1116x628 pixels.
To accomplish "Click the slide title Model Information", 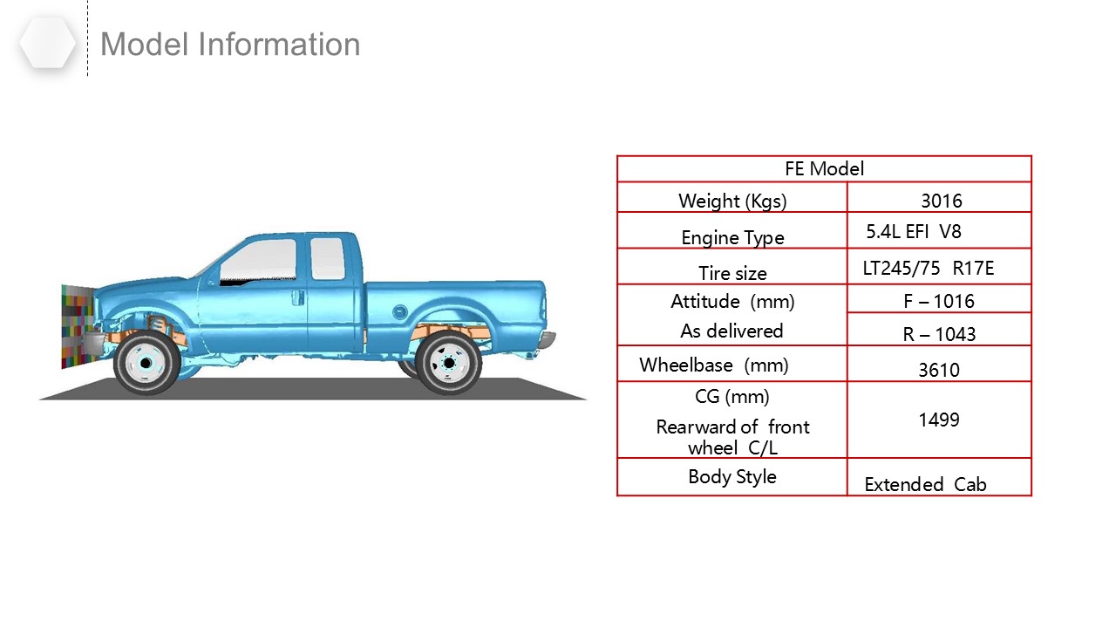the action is point(230,44).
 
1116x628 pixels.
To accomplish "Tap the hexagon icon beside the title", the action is point(48,44).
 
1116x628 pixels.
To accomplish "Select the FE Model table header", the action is point(824,169).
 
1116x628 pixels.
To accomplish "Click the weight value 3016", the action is point(941,201).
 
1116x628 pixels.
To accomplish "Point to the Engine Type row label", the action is point(732,238).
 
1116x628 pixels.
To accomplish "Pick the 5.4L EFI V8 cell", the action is point(913,232).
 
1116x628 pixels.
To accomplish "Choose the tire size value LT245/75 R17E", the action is point(929,268).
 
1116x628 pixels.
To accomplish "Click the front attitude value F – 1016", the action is point(939,301).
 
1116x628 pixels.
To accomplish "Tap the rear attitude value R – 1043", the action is point(939,334).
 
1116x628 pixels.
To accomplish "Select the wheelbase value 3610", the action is point(939,370).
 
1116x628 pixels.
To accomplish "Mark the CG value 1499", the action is point(939,420).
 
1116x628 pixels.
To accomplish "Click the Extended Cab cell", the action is point(925,484).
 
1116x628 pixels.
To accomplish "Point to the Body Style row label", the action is point(732,476).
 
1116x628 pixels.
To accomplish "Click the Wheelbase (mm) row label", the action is point(713,365).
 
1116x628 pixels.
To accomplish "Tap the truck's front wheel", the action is point(146,363).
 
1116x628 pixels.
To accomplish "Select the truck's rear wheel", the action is point(448,363).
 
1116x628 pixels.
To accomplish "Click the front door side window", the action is point(259,261).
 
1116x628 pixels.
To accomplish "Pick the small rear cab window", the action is point(327,259).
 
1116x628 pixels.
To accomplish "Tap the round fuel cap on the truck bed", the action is point(399,312).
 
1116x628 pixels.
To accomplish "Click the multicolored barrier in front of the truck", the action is point(78,326).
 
